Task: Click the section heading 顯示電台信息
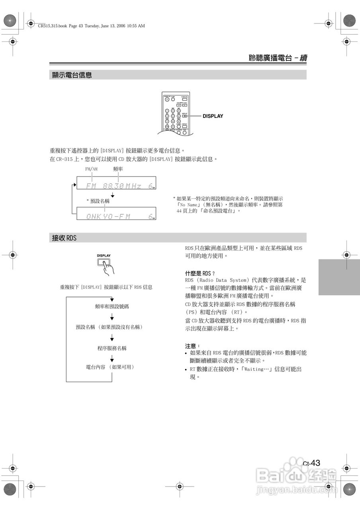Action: pyautogui.click(x=72, y=75)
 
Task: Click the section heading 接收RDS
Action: pyautogui.click(x=64, y=238)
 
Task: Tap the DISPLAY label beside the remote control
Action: pyautogui.click(x=213, y=116)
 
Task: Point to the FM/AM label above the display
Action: pyautogui.click(x=91, y=169)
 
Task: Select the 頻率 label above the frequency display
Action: pyautogui.click(x=118, y=169)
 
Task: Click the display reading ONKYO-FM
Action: pyautogui.click(x=116, y=216)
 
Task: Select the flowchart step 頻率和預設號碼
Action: pyautogui.click(x=112, y=306)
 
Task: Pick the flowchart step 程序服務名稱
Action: pyautogui.click(x=112, y=348)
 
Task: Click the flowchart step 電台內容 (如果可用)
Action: pyautogui.click(x=110, y=367)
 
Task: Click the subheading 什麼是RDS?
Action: pyautogui.click(x=200, y=273)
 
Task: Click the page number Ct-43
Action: pyautogui.click(x=311, y=463)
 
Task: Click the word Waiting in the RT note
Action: pyautogui.click(x=256, y=369)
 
